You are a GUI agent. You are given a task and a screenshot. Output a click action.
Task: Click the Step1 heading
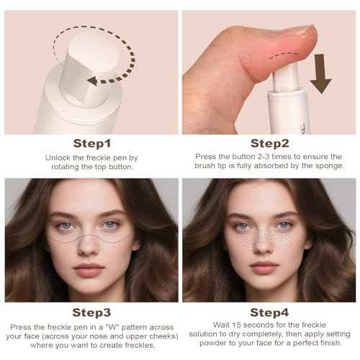pyautogui.click(x=92, y=143)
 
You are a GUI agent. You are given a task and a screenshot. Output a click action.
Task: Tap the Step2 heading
pyautogui.click(x=269, y=143)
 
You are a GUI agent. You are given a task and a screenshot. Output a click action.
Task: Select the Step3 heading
pyautogui.click(x=91, y=312)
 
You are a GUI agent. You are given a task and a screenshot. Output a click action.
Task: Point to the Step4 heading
pyautogui.click(x=269, y=312)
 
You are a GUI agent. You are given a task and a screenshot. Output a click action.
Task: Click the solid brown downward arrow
pyautogui.click(x=320, y=73)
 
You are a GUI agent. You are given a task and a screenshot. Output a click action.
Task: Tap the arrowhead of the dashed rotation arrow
pyautogui.click(x=92, y=81)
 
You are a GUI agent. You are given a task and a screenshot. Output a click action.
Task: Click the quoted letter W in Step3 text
pyautogui.click(x=112, y=327)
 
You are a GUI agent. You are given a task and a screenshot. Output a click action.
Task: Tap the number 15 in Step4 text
pyautogui.click(x=236, y=325)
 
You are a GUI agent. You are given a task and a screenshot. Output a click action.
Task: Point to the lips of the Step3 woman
pyautogui.click(x=89, y=269)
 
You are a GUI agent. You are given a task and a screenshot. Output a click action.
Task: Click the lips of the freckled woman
pyautogui.click(x=264, y=267)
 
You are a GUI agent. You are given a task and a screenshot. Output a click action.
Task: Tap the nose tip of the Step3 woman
pyautogui.click(x=87, y=250)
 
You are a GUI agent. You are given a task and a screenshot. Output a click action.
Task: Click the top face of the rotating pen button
pyautogui.click(x=94, y=53)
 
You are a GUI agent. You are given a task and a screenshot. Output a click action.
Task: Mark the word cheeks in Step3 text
pyautogui.click(x=163, y=336)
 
